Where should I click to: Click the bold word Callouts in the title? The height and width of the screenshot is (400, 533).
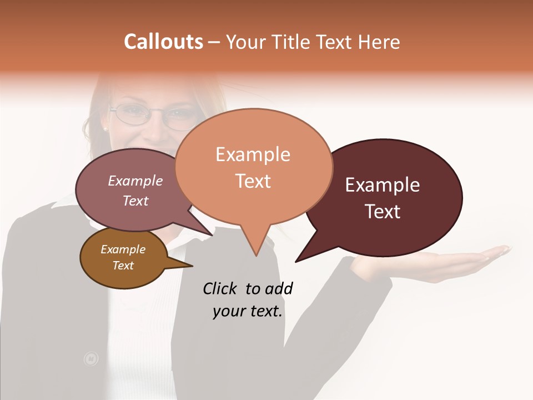163,42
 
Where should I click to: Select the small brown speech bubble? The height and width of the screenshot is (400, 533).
123,259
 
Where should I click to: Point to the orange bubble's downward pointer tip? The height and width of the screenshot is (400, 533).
255,255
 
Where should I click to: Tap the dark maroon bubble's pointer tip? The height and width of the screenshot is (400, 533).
296,261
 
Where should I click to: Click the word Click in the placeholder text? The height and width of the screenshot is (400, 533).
220,288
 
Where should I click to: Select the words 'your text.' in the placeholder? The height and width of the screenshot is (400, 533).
248,311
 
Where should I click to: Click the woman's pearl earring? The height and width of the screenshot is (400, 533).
105,128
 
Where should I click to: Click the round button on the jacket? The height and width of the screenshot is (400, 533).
90,359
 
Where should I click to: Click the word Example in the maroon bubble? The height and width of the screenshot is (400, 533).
382,185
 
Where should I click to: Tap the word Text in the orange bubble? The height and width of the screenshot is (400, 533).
253,181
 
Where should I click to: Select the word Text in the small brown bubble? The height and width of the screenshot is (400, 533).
123,266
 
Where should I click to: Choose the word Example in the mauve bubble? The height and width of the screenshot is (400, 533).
135,181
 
